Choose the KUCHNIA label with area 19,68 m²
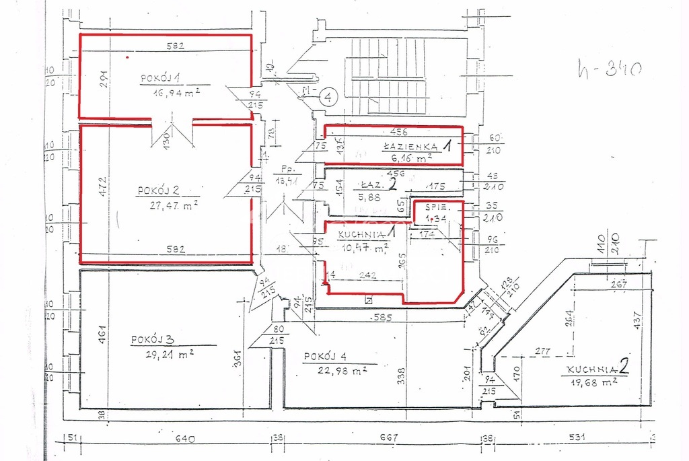[x=591, y=369]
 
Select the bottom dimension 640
[x=184, y=439]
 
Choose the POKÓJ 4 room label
[x=324, y=356]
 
